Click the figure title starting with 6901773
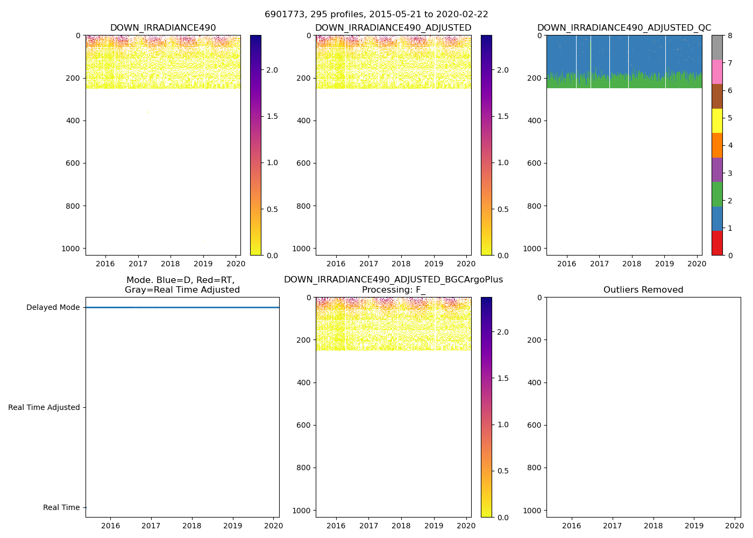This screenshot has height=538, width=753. click(376, 15)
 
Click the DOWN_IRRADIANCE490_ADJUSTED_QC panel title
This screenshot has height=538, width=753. click(624, 27)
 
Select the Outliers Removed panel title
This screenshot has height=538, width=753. click(643, 289)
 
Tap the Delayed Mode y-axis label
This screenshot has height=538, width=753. click(53, 308)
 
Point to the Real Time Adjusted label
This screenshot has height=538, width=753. click(44, 407)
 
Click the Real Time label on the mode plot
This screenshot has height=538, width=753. click(61, 507)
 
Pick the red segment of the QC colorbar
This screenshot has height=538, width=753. click(717, 243)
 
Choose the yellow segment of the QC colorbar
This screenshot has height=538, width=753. click(717, 121)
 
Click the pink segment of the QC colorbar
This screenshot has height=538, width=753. click(717, 72)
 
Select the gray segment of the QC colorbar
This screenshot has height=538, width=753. click(717, 47)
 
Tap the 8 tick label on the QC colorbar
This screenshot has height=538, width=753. click(730, 36)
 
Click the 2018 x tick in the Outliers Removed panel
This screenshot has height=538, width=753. click(653, 526)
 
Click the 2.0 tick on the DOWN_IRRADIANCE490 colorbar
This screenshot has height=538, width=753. click(272, 70)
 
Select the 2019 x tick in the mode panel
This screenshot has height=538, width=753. click(232, 526)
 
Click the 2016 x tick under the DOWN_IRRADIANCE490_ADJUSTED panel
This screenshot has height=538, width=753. click(336, 264)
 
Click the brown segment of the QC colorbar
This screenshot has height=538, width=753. click(717, 96)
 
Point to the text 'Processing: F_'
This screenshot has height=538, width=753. click(393, 289)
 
